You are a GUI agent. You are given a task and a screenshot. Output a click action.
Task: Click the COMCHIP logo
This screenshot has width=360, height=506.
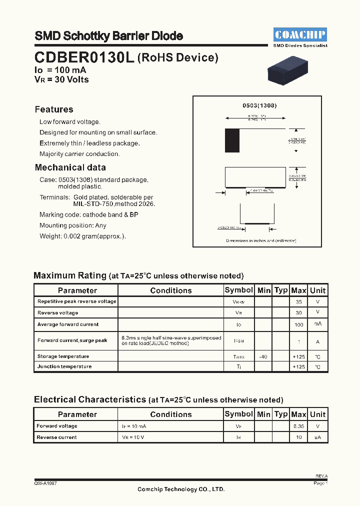coord(300,34)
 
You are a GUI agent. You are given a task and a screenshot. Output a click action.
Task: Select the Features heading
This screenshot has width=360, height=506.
coord(54,109)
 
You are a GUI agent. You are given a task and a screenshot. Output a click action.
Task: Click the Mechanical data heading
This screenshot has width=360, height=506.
coord(70,167)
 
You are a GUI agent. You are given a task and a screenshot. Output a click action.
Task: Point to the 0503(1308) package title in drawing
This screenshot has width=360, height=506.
coord(259,105)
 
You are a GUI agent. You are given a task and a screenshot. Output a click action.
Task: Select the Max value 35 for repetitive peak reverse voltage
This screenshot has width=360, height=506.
coord(298,302)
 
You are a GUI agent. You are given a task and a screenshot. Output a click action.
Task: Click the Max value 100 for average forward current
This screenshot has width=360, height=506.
coord(298,324)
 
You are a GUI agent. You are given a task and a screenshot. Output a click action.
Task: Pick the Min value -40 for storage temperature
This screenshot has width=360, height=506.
coord(263,356)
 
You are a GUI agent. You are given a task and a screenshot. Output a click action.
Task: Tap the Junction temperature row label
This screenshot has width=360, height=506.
coord(64,366)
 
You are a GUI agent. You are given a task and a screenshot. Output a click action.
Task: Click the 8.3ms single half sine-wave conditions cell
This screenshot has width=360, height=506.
coord(171,341)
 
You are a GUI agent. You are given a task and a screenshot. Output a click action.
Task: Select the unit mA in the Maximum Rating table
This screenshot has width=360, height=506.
coord(317,324)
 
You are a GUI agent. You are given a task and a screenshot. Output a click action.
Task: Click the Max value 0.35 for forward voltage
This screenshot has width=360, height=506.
coord(298,426)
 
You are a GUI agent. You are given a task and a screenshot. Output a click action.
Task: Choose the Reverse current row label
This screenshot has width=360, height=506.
coord(56,437)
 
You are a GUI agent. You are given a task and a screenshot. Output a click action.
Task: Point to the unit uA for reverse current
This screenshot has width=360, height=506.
coord(317,437)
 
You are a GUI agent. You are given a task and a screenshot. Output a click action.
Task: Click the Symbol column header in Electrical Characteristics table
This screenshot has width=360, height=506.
coord(239,414)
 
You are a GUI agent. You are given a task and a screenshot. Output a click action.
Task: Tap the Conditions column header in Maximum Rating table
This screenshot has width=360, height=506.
coord(171,290)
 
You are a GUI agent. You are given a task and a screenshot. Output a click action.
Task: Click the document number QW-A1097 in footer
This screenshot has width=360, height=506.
coord(45,484)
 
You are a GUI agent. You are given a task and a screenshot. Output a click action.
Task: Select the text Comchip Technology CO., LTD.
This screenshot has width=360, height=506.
coord(181,489)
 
